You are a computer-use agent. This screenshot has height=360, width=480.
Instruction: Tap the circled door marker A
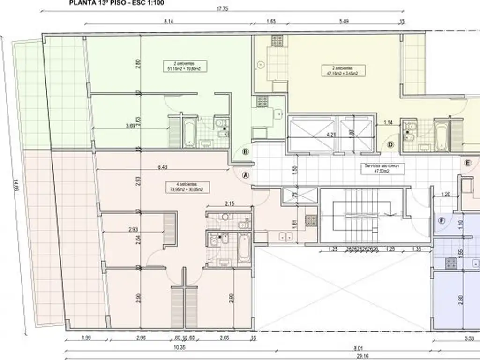(x=245, y=175)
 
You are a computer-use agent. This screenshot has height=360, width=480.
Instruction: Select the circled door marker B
(x=245, y=151)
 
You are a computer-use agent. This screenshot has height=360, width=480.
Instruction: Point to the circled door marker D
(x=390, y=145)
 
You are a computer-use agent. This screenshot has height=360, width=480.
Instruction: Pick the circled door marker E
(x=467, y=163)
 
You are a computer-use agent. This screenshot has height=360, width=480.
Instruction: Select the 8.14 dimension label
(x=169, y=21)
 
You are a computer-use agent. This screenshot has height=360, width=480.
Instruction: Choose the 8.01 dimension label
(x=359, y=347)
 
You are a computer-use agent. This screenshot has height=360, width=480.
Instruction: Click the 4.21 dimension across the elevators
(x=331, y=133)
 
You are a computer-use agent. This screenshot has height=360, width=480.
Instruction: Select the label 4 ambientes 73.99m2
(x=186, y=187)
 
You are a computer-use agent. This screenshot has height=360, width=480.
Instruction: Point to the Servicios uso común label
(x=378, y=168)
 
